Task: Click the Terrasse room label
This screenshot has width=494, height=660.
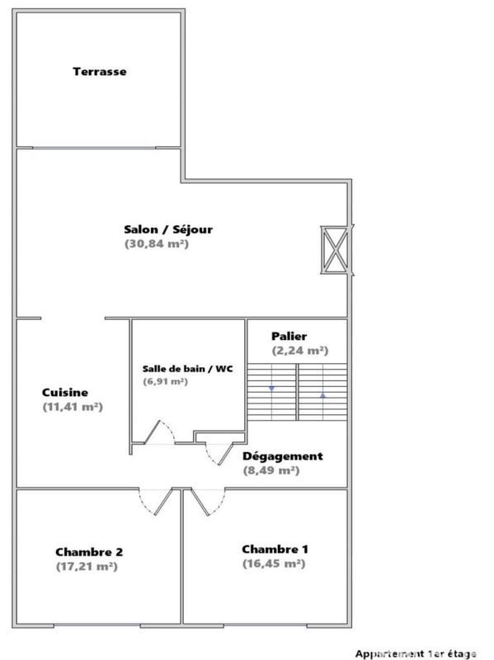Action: (x=100, y=72)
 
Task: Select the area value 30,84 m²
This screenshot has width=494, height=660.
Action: (x=157, y=244)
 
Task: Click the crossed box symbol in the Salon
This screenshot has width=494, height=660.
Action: (x=334, y=249)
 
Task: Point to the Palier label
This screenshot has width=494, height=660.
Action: (x=289, y=337)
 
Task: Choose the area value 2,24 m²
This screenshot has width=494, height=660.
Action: (x=300, y=351)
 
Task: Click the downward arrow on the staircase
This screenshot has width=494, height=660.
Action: (x=271, y=388)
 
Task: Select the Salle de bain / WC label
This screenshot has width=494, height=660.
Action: (x=188, y=369)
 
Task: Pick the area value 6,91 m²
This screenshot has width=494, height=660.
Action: (x=165, y=382)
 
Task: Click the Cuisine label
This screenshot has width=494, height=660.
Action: (x=65, y=393)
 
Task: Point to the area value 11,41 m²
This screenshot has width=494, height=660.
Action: (x=73, y=407)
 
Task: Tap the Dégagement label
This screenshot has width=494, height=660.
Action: (x=283, y=456)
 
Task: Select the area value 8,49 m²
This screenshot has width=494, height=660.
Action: (x=271, y=471)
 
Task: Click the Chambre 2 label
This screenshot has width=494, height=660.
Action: (x=89, y=552)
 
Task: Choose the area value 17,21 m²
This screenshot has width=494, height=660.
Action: (x=87, y=567)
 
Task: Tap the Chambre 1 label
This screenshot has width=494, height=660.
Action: (x=275, y=549)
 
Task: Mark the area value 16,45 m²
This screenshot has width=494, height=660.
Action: (x=274, y=564)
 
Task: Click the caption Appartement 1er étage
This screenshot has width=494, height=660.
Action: (x=416, y=653)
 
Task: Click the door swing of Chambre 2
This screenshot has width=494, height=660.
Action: (x=154, y=501)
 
